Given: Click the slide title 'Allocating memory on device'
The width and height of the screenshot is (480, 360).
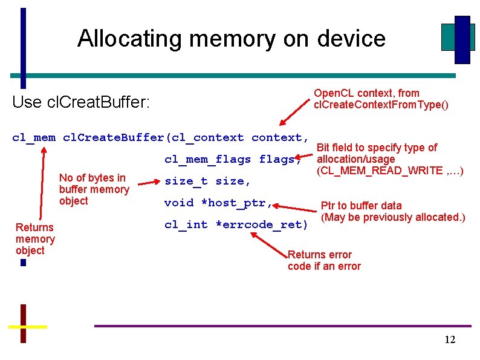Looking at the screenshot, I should click(x=231, y=38).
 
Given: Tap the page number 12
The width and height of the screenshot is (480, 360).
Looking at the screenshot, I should click(x=449, y=339).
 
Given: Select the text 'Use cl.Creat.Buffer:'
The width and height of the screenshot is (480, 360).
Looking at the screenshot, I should click(x=81, y=102).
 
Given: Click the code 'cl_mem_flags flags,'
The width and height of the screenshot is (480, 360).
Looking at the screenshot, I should click(x=233, y=159).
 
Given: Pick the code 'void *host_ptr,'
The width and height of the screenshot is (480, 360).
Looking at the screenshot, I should click(x=218, y=203).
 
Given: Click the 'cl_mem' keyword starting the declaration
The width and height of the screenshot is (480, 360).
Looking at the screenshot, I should click(x=34, y=137).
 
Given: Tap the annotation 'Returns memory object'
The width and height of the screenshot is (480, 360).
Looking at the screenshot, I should click(x=35, y=238).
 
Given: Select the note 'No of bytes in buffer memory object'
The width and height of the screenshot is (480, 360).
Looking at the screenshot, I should click(x=94, y=189).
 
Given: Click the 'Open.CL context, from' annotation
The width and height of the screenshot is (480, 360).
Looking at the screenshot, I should click(x=366, y=93).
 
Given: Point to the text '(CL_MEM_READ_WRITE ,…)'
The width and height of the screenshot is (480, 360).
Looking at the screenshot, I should click(x=390, y=170).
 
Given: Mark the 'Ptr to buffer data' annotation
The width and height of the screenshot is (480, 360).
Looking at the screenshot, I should click(x=361, y=206).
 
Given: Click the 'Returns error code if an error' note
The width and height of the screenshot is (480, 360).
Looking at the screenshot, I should click(x=324, y=260).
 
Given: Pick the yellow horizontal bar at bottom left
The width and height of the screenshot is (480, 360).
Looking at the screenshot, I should click(x=27, y=326).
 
